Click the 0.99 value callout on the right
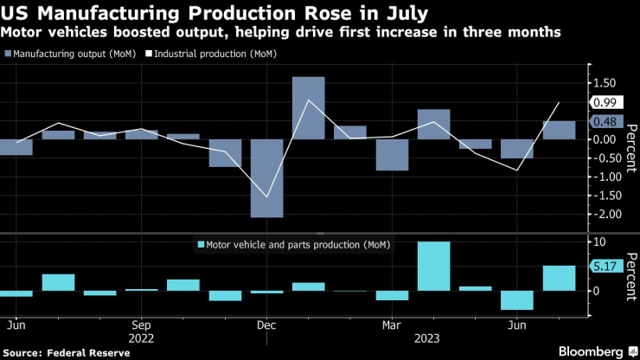(602, 102)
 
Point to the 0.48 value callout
(602, 122)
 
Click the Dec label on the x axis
(266, 325)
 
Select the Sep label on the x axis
(142, 325)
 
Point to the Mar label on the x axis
(392, 325)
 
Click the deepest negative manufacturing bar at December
(266, 178)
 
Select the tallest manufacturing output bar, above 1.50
(308, 108)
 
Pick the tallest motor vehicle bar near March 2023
(433, 267)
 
